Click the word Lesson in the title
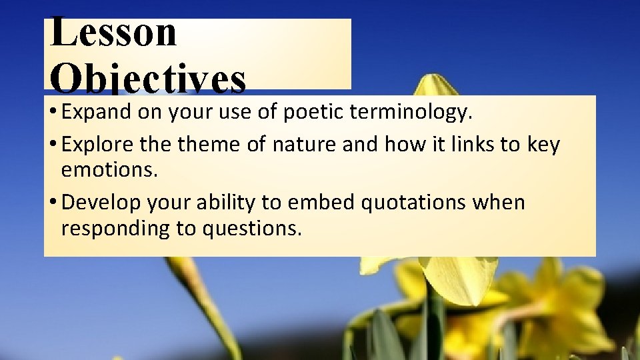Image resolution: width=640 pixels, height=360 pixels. pyautogui.click(x=114, y=33)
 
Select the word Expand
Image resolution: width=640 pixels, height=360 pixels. pyautogui.click(x=97, y=113)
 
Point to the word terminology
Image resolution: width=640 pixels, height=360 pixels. pyautogui.click(x=412, y=113)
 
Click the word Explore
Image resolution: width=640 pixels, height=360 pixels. pyautogui.click(x=97, y=145)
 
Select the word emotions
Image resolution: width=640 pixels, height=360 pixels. pyautogui.click(x=109, y=170)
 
